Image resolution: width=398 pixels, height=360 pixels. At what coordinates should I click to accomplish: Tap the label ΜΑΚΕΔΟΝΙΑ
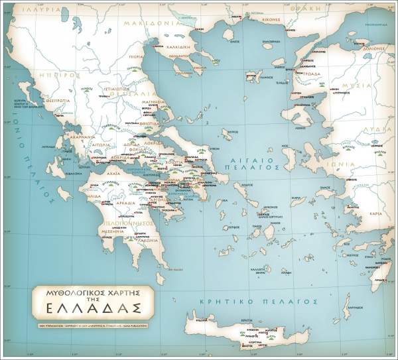coord(157,23)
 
